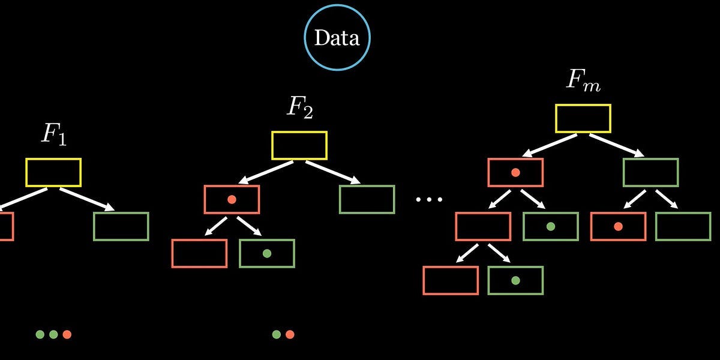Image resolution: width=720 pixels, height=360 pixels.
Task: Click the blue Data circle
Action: click(x=337, y=38)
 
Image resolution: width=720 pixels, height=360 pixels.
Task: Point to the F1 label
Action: click(x=53, y=136)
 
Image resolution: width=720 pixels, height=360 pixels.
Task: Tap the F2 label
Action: click(x=299, y=108)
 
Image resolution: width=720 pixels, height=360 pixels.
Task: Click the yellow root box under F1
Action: click(x=53, y=172)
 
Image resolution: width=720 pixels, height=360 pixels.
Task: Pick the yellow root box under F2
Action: click(x=299, y=145)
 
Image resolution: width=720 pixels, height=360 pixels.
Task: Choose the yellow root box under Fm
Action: click(x=583, y=118)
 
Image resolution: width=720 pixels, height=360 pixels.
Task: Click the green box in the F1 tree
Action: click(x=121, y=226)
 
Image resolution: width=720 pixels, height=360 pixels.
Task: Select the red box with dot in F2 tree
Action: click(x=232, y=199)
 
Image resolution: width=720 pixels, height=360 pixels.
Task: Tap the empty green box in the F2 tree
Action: click(x=367, y=199)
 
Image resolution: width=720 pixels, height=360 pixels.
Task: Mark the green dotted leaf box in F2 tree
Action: click(x=267, y=253)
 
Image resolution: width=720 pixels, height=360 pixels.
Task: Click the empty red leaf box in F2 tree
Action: click(x=199, y=253)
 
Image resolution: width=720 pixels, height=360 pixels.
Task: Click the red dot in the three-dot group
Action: click(x=67, y=334)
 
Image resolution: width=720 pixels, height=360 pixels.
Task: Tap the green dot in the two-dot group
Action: click(x=276, y=334)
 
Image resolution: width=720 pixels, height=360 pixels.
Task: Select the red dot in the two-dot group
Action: click(x=290, y=334)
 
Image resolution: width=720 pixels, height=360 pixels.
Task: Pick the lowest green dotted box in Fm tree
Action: click(x=515, y=280)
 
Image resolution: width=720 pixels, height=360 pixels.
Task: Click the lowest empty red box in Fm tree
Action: click(x=451, y=280)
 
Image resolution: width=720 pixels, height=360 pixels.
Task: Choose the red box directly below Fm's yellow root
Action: click(x=515, y=172)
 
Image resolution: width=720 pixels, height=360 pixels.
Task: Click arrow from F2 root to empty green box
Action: click(x=333, y=172)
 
